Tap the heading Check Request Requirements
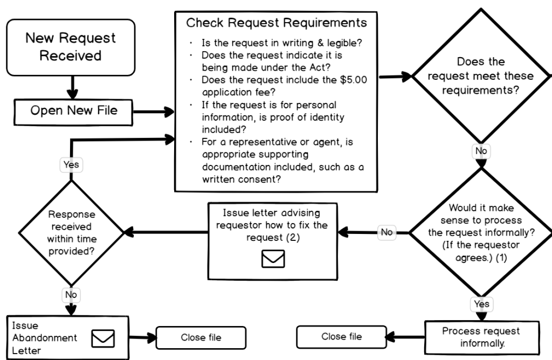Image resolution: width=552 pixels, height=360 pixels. point(276,23)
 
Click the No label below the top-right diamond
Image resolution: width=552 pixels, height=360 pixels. point(481,151)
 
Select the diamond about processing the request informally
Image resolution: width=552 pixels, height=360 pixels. point(480,232)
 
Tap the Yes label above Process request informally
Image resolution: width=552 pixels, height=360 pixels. point(481,304)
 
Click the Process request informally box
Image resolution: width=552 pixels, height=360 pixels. point(481,336)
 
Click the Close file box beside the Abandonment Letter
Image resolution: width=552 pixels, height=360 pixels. point(201,338)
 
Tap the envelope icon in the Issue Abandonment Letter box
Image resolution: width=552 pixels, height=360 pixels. point(103,338)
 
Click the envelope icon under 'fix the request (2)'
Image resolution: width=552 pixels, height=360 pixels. point(273,259)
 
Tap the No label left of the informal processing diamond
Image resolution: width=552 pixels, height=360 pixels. point(386,232)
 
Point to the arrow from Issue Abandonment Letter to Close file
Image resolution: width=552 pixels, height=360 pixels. point(143,338)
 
